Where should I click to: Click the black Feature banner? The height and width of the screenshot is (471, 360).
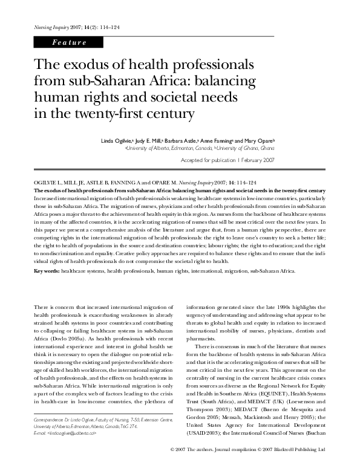pyautogui.click(x=69, y=42)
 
